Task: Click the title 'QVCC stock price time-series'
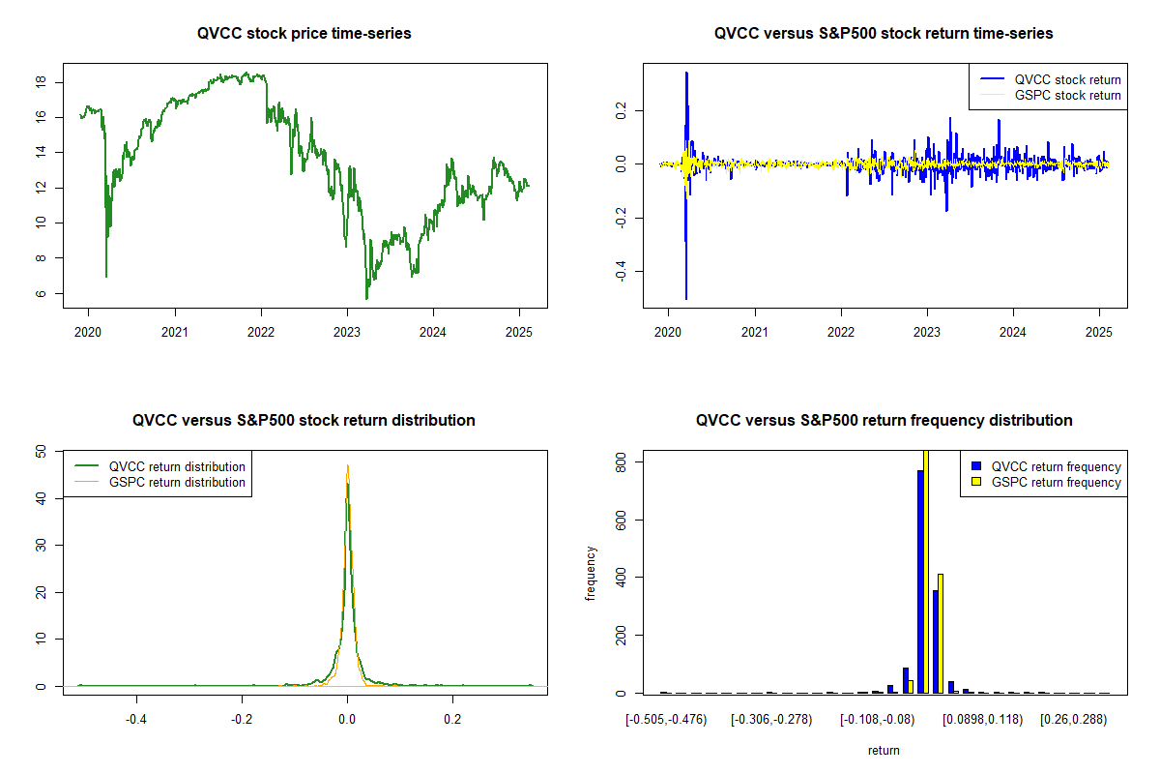(304, 34)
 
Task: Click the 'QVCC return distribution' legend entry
(177, 466)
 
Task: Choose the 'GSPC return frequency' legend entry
(1057, 482)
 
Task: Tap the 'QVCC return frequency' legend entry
(1057, 466)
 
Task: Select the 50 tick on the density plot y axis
(42, 451)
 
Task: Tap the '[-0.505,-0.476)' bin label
(667, 719)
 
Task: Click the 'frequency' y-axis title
(591, 573)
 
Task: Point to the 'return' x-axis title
(884, 750)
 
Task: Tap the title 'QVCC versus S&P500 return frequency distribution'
(884, 421)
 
